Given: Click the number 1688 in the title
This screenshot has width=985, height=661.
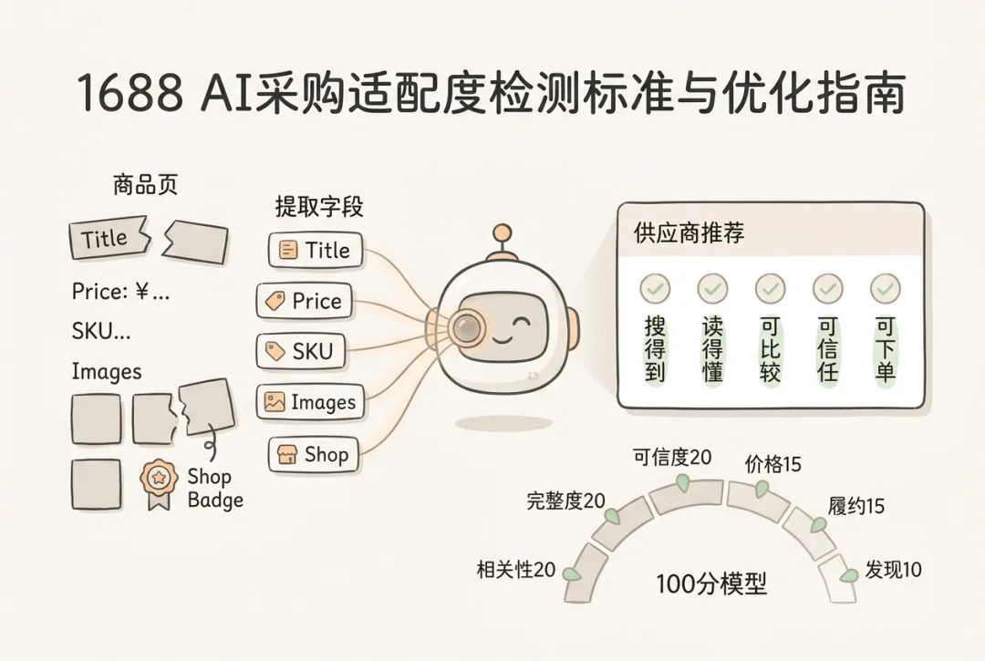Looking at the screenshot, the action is click(x=131, y=92).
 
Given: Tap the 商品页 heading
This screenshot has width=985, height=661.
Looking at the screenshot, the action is click(x=146, y=185).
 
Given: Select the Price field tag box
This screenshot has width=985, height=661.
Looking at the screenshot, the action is click(x=304, y=301).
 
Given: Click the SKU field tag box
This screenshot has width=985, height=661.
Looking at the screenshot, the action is click(x=301, y=351).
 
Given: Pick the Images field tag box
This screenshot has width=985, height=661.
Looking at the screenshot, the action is click(x=310, y=402).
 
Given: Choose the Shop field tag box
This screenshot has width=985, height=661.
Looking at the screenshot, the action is click(x=314, y=454).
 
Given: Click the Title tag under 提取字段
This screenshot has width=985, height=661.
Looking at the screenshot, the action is click(x=316, y=250).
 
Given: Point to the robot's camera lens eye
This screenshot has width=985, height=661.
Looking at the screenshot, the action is click(x=466, y=326).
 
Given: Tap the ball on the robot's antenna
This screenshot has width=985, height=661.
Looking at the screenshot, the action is click(x=502, y=233).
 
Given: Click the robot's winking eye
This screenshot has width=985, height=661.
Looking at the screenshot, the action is click(x=521, y=324).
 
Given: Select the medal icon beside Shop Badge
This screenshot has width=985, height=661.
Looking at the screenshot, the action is click(x=159, y=484).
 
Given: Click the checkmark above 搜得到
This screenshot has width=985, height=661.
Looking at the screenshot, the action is click(x=655, y=289).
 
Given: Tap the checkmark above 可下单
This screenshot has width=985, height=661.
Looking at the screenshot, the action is click(x=885, y=289).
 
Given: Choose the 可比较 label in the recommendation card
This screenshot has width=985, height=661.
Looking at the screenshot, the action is click(x=770, y=349).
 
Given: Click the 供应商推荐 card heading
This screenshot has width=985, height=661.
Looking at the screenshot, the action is click(x=689, y=232).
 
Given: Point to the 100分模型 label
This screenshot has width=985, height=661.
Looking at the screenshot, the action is click(x=711, y=584).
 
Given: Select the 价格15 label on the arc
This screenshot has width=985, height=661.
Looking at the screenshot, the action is click(x=772, y=464).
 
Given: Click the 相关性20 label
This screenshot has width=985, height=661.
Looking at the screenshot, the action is click(x=515, y=569).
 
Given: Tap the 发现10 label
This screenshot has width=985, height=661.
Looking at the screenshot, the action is click(x=893, y=569).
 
